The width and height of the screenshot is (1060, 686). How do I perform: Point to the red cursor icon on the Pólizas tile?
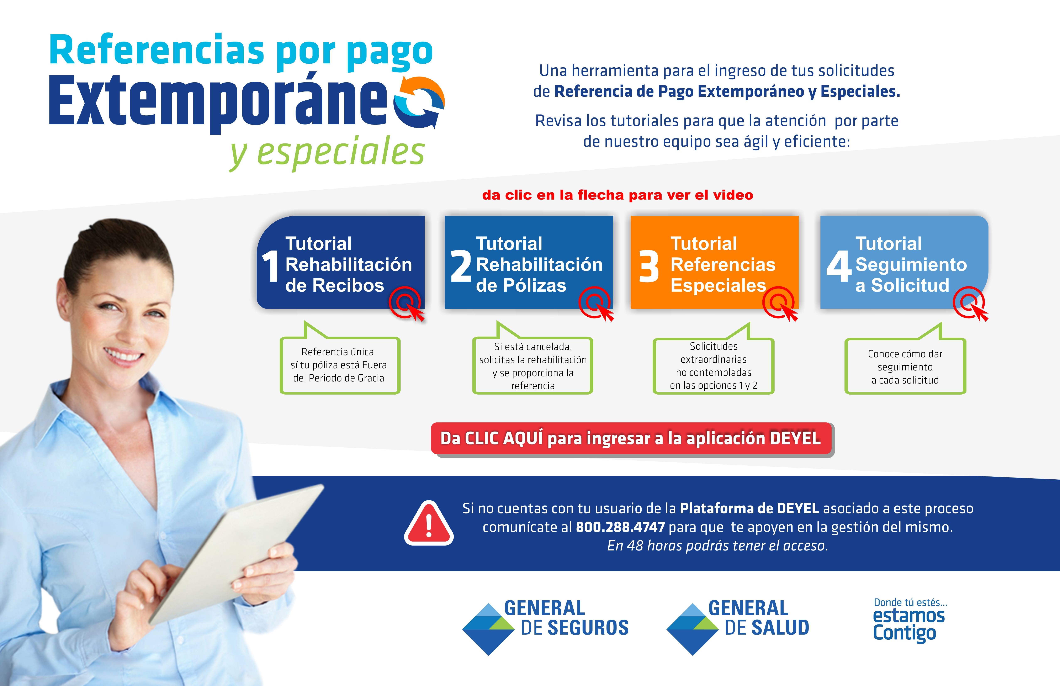tap(597, 304)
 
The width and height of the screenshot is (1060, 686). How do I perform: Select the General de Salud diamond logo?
tap(693, 629)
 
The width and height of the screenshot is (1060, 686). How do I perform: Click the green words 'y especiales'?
tap(327, 152)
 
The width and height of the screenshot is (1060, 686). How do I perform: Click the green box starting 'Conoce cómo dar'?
tap(905, 366)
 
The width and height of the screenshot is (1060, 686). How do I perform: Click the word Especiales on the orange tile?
tap(718, 285)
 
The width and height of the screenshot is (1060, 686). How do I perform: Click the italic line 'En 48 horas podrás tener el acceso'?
tap(717, 546)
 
